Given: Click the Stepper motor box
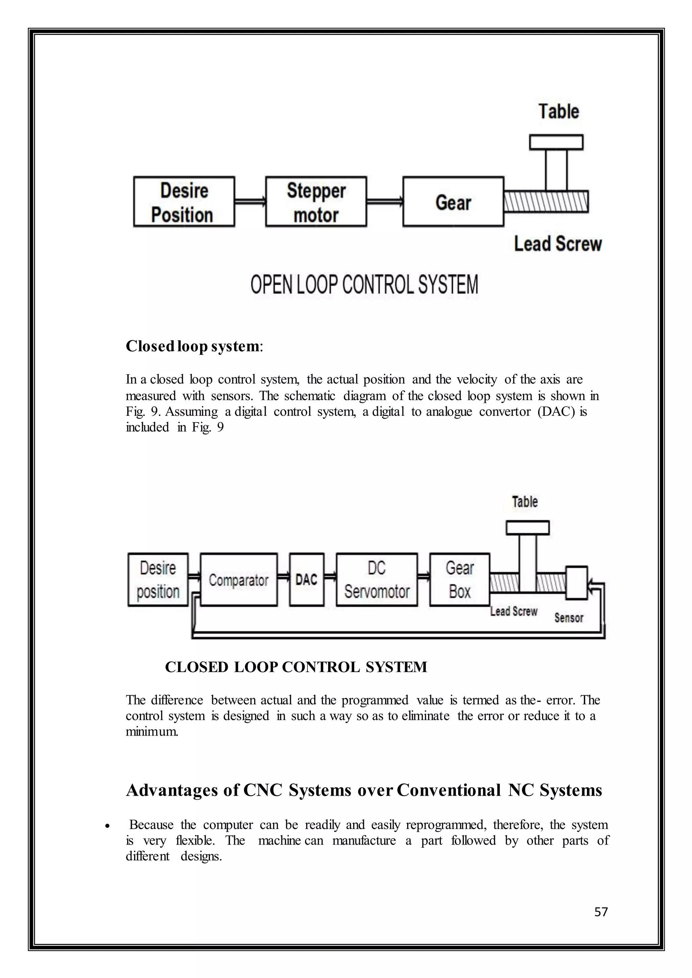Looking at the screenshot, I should [316, 202].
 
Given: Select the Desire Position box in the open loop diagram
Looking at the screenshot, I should [184, 202].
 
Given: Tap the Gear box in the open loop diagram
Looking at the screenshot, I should [453, 202].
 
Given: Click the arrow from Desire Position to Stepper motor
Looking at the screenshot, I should [250, 201].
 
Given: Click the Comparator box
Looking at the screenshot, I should [239, 580].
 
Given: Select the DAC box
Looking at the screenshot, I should [306, 580].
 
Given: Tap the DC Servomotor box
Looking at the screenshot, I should [377, 580].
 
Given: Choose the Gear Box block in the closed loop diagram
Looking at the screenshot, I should [459, 580].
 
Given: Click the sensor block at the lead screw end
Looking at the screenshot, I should [576, 583].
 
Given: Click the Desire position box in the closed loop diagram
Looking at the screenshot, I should [158, 580].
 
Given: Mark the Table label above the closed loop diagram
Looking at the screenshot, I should [525, 502].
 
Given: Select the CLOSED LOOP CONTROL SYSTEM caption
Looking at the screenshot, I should [296, 667].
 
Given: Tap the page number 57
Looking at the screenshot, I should [601, 912].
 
